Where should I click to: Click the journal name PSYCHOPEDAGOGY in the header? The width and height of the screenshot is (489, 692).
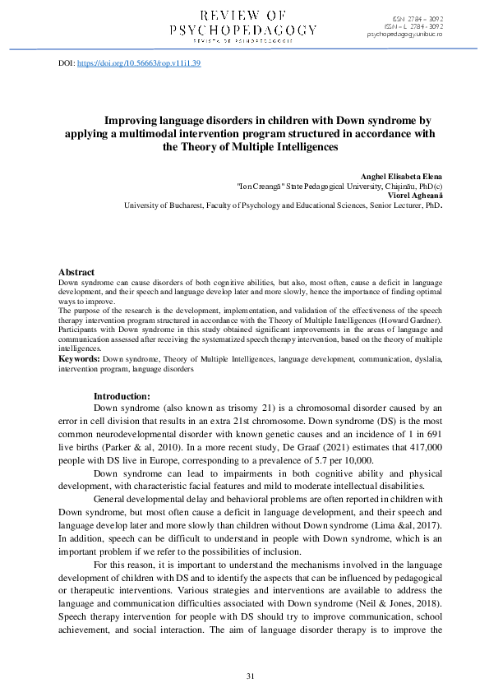(x=242, y=30)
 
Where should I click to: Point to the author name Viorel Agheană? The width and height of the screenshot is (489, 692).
(x=418, y=196)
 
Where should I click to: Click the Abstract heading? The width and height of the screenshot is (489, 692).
(x=76, y=272)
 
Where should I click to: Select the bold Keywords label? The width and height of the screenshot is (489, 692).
(x=80, y=359)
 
